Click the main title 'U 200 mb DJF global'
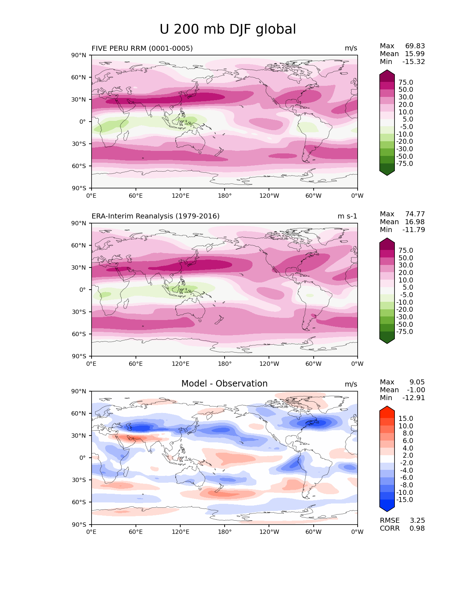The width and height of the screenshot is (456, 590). pos(228,29)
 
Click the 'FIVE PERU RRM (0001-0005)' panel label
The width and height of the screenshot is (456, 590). pos(142,48)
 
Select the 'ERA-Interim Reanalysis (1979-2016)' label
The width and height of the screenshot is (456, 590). pos(156,216)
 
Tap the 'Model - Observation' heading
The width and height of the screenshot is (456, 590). pos(224,384)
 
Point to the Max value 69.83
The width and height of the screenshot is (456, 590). pos(415,46)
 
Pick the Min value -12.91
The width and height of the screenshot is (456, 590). pos(413,398)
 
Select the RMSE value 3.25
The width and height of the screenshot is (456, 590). pos(417,520)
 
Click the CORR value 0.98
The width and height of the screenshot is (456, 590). pos(417,528)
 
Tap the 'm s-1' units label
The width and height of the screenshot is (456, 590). pos(347,216)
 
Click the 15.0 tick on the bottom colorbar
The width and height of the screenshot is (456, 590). pos(406,418)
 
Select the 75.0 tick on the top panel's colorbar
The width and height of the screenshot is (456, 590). pos(406,82)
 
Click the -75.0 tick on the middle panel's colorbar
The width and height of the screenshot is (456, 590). pos(404,331)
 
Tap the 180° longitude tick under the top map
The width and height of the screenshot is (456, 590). pos(225,196)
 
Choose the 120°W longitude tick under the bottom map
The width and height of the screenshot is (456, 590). pos(269,532)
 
